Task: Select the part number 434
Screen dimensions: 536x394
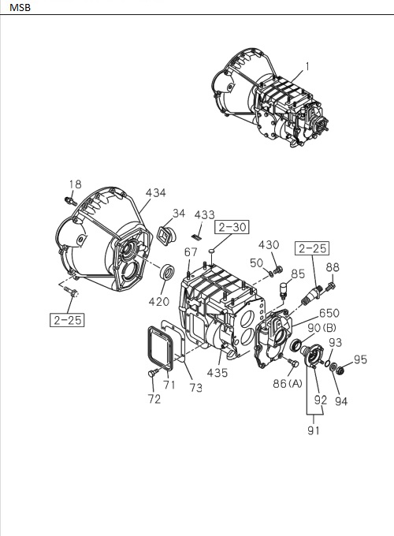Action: coord(156,192)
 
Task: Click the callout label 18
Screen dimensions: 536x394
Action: coord(74,185)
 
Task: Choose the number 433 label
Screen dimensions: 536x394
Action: coord(204,214)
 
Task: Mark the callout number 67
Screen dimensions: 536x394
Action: coord(191,252)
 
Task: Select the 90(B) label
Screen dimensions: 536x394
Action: coord(324,328)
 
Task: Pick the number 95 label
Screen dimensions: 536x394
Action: coord(360,360)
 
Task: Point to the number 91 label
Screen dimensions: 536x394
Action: coord(314,431)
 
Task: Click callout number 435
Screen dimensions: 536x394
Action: coord(218,372)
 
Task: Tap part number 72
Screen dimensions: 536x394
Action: coord(154,399)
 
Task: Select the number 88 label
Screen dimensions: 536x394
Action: coord(333,266)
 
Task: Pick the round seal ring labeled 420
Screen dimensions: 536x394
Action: coord(168,273)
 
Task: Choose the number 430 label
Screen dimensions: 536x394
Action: coord(269,245)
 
